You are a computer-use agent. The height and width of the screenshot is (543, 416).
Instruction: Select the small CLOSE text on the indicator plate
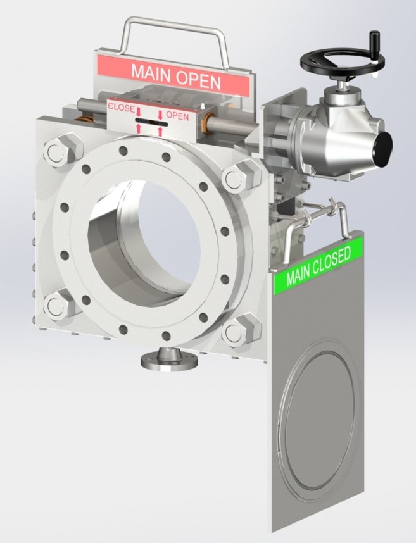tap(121, 107)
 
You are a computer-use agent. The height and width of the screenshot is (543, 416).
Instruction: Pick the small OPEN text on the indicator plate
tap(178, 116)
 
